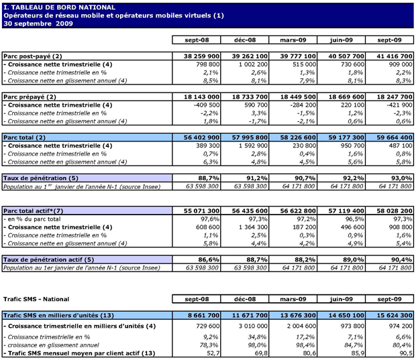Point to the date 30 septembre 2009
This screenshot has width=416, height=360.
coord(38,23)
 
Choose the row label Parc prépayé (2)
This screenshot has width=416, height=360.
coord(31,97)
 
